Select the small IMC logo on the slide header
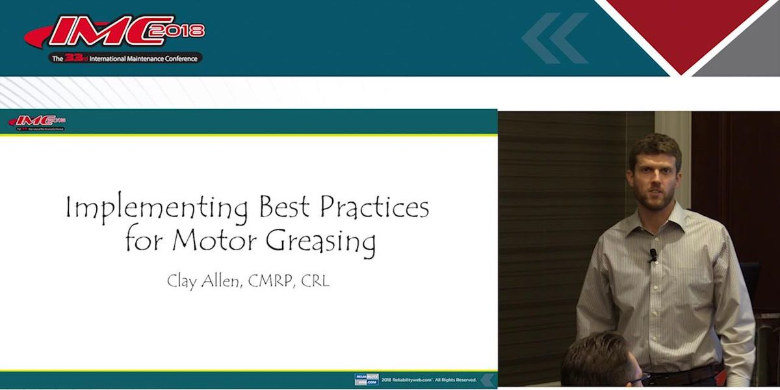coord(38,122)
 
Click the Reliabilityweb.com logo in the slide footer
coord(366,380)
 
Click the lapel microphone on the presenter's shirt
coord(652,255)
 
